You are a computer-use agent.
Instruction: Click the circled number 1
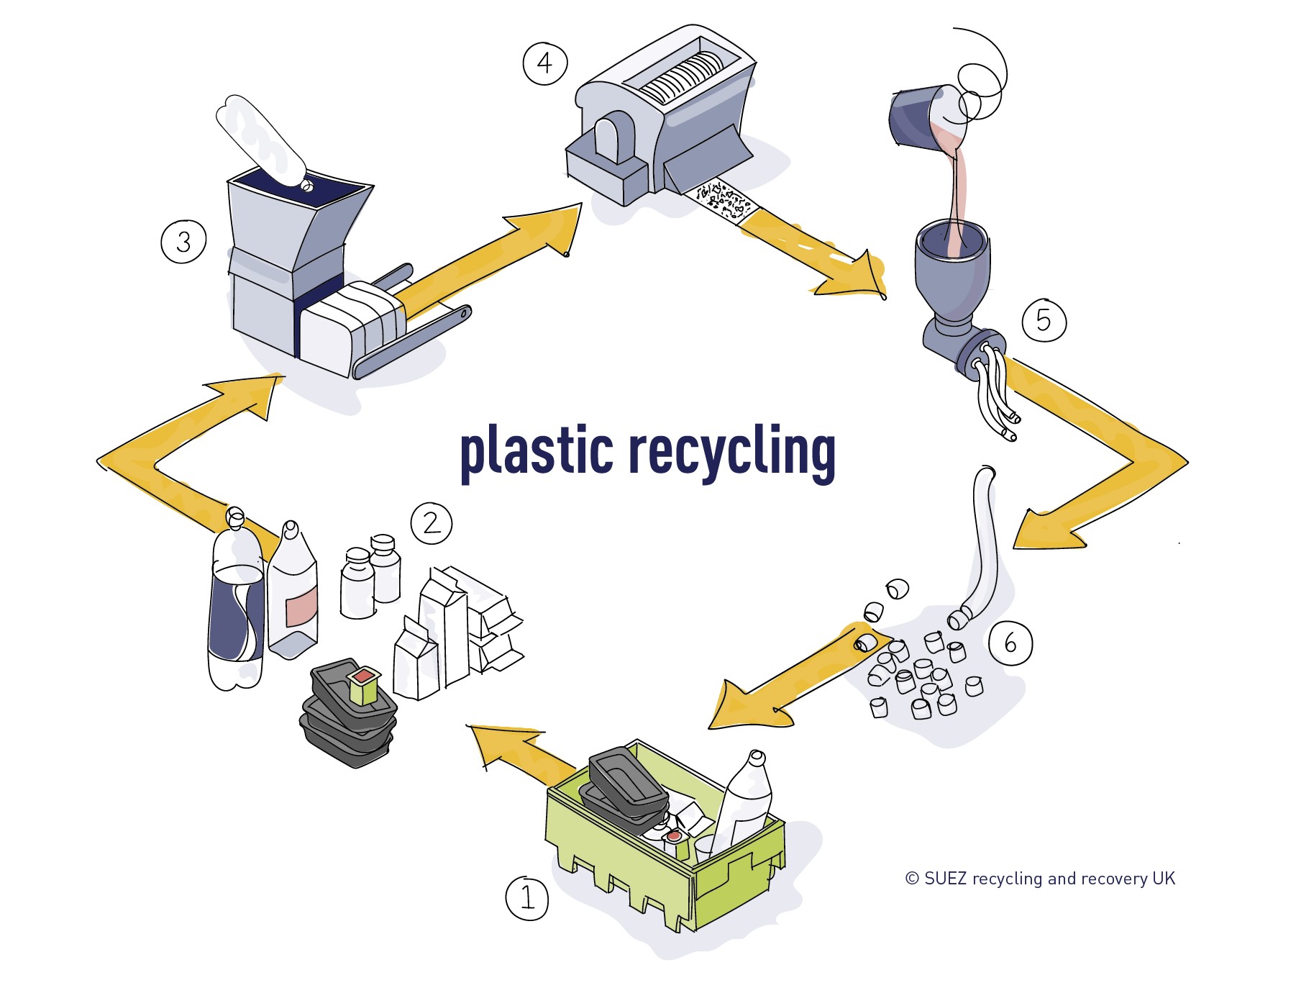(527, 897)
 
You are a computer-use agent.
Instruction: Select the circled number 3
(183, 241)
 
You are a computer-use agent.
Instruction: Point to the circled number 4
(544, 63)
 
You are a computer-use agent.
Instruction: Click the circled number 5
(1044, 320)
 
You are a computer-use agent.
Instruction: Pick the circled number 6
(1010, 643)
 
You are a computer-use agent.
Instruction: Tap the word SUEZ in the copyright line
(945, 879)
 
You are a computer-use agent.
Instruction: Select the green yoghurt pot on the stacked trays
(363, 685)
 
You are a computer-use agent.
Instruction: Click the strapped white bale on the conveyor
(352, 324)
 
